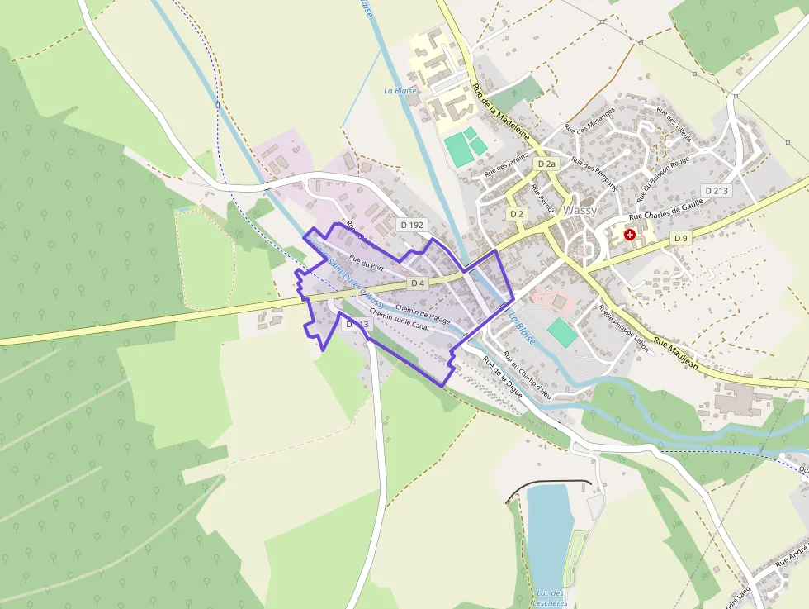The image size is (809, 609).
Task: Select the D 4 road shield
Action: [418, 283]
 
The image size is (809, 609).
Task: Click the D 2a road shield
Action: [546, 164]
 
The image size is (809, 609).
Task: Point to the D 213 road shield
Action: [717, 191]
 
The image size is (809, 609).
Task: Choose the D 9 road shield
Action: [680, 238]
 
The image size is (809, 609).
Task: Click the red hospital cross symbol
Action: [630, 236]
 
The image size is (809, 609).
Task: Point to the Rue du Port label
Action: [367, 266]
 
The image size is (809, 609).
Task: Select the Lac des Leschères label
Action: [551, 597]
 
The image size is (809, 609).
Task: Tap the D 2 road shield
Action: [517, 214]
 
